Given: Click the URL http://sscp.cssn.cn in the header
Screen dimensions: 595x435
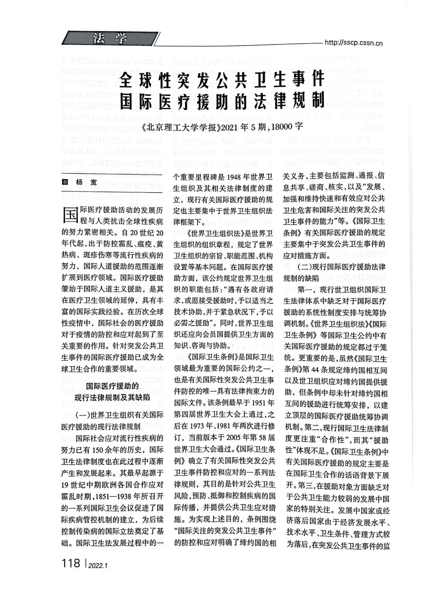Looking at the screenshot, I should [x=353, y=43].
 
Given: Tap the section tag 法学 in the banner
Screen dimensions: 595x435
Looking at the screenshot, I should [x=111, y=38].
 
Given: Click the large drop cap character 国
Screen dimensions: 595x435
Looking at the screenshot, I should [x=70, y=214].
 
